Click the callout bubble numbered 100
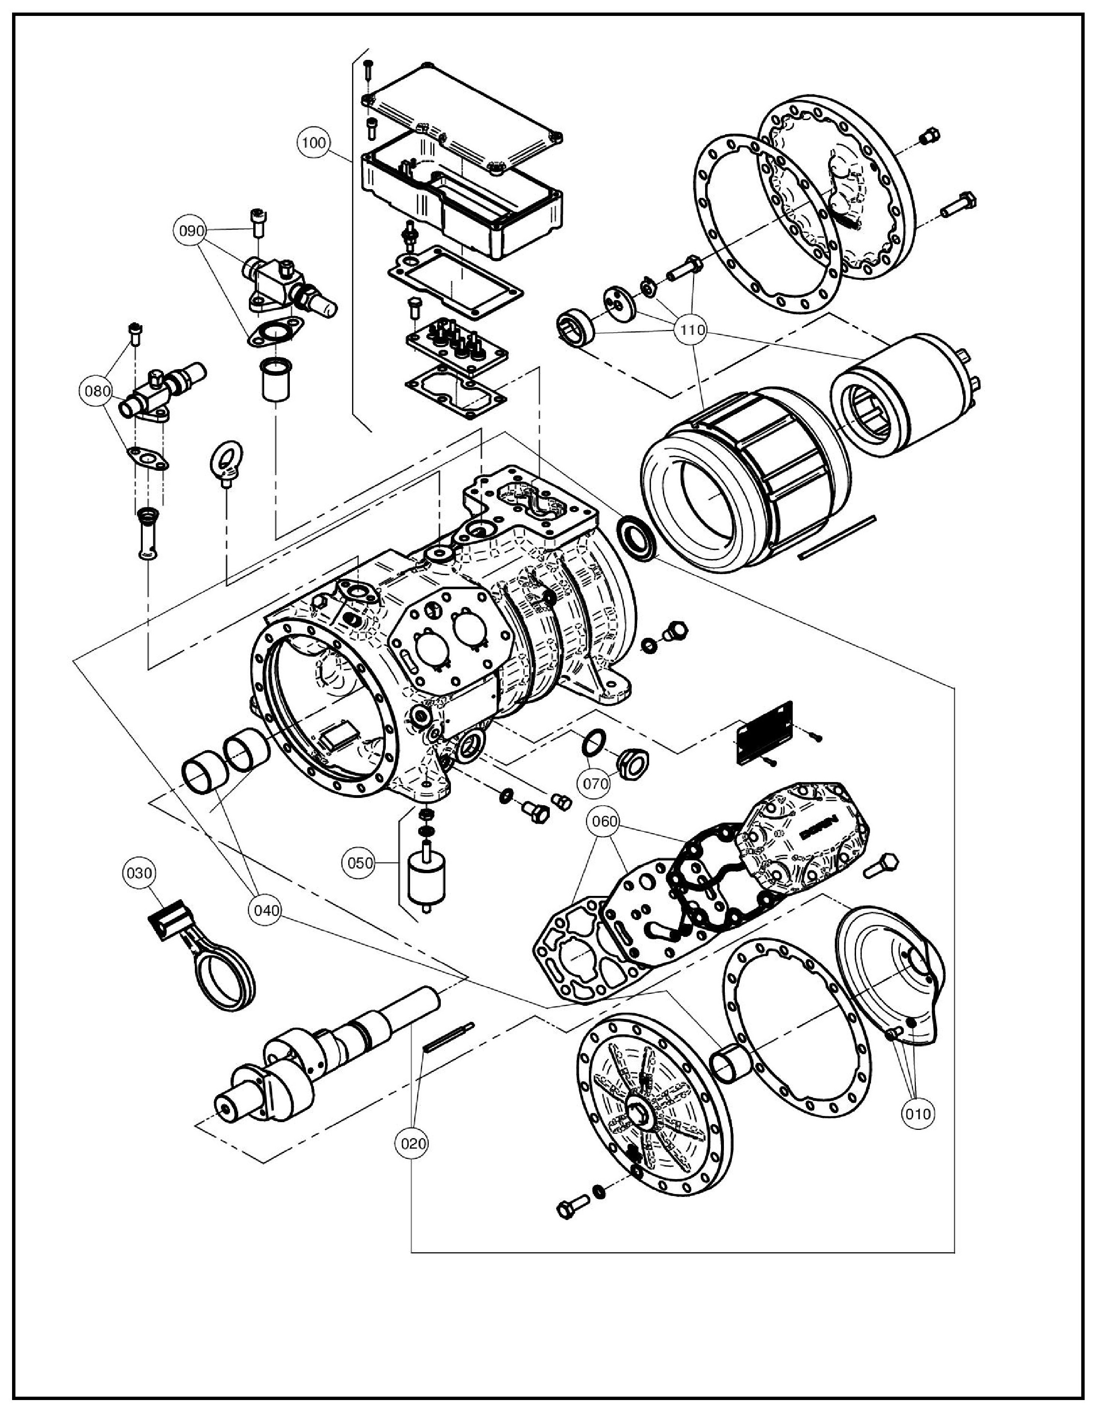(x=314, y=142)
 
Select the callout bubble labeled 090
(x=191, y=231)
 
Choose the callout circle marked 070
(x=596, y=784)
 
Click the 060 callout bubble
(x=604, y=822)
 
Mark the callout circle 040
(x=266, y=910)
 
